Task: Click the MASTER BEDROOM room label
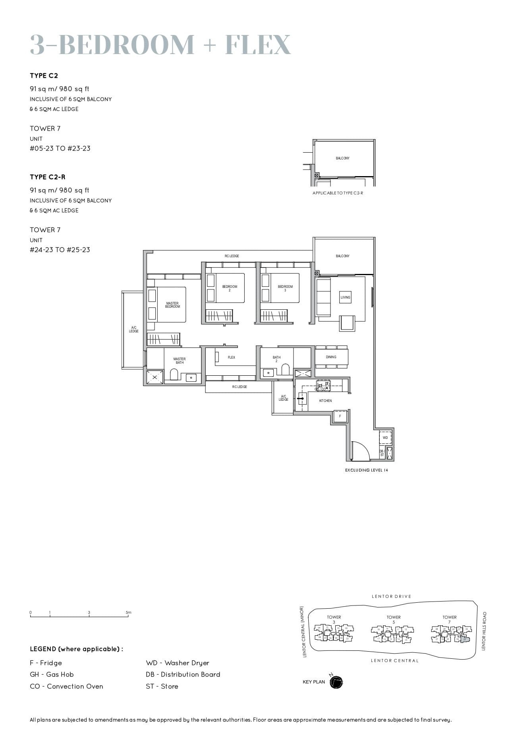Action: coord(172,305)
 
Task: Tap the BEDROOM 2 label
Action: coord(230,288)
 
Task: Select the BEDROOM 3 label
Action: coord(285,288)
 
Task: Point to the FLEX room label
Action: coord(231,357)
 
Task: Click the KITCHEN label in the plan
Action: coord(325,401)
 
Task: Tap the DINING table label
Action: coord(331,357)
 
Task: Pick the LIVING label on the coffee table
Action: coord(345,297)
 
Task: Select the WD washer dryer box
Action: coord(385,438)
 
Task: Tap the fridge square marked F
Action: coord(340,416)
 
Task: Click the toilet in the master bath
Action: coord(174,375)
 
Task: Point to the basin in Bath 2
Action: coord(269,373)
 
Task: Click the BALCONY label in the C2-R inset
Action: coord(342,158)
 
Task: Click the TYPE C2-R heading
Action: coord(48,177)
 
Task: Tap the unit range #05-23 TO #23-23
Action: coord(60,148)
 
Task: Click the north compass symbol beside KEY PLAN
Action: coord(336,682)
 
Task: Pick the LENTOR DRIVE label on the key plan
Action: coord(391,596)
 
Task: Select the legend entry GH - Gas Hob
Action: coord(52,674)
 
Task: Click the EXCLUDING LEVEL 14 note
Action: coord(366,470)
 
